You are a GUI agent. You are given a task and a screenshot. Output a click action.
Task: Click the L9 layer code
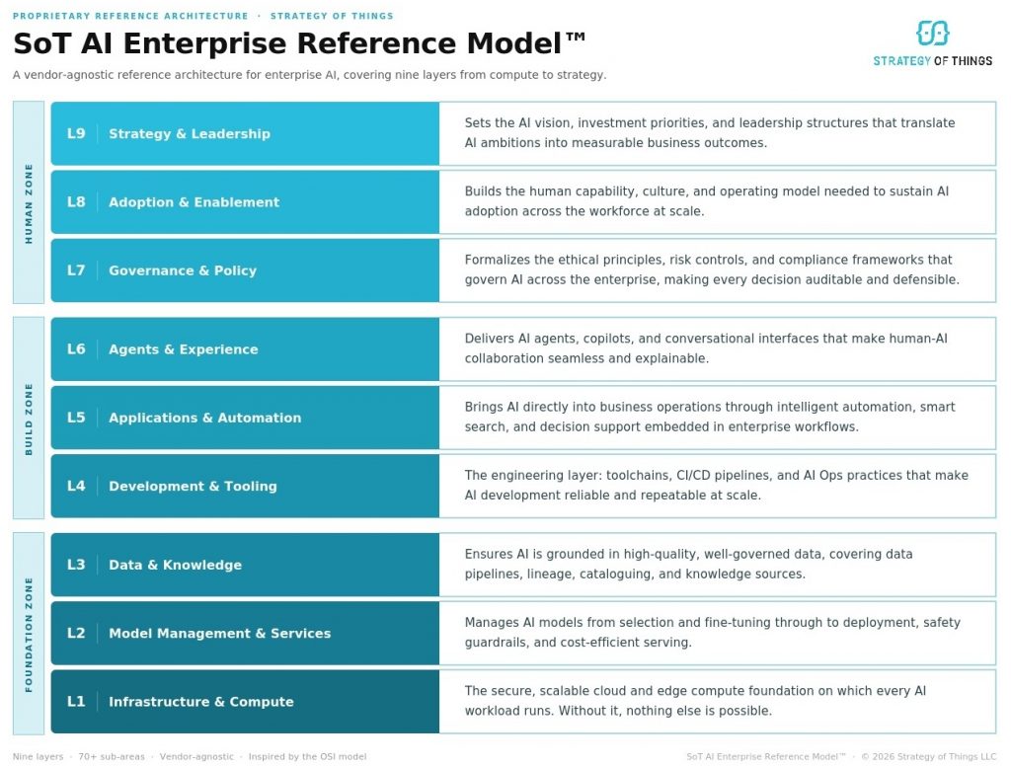coord(76,134)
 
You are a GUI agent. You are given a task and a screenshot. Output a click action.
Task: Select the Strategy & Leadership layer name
coord(189,134)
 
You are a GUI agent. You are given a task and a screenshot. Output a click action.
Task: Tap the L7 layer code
coord(76,270)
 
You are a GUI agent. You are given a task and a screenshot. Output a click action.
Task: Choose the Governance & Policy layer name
coord(182,270)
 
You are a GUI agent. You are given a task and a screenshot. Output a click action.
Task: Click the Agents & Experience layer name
coord(183,349)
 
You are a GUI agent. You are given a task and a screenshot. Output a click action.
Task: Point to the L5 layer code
coord(76,418)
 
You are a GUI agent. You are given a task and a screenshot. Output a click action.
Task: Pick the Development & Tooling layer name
coord(193,486)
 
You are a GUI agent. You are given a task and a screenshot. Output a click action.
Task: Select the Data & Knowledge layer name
coord(175,565)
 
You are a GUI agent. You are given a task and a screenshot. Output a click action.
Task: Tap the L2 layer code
coord(76,633)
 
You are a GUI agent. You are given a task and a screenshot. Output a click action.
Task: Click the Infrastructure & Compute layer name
coord(200,702)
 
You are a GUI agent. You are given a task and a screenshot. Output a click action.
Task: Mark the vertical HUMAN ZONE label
coord(29,202)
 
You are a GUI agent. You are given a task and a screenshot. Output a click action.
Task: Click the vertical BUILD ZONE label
coord(29,419)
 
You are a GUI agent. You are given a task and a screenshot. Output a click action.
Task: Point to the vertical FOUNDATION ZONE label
coord(29,634)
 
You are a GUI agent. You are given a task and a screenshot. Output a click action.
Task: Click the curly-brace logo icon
coord(932,34)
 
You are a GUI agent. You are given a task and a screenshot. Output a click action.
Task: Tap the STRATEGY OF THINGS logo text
coord(932,61)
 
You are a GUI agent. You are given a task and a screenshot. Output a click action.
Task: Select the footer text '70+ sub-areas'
coord(112,757)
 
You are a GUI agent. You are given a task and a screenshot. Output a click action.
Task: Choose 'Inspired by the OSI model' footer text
coord(307,757)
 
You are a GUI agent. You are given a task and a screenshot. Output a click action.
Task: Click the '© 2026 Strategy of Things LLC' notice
coord(928,757)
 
